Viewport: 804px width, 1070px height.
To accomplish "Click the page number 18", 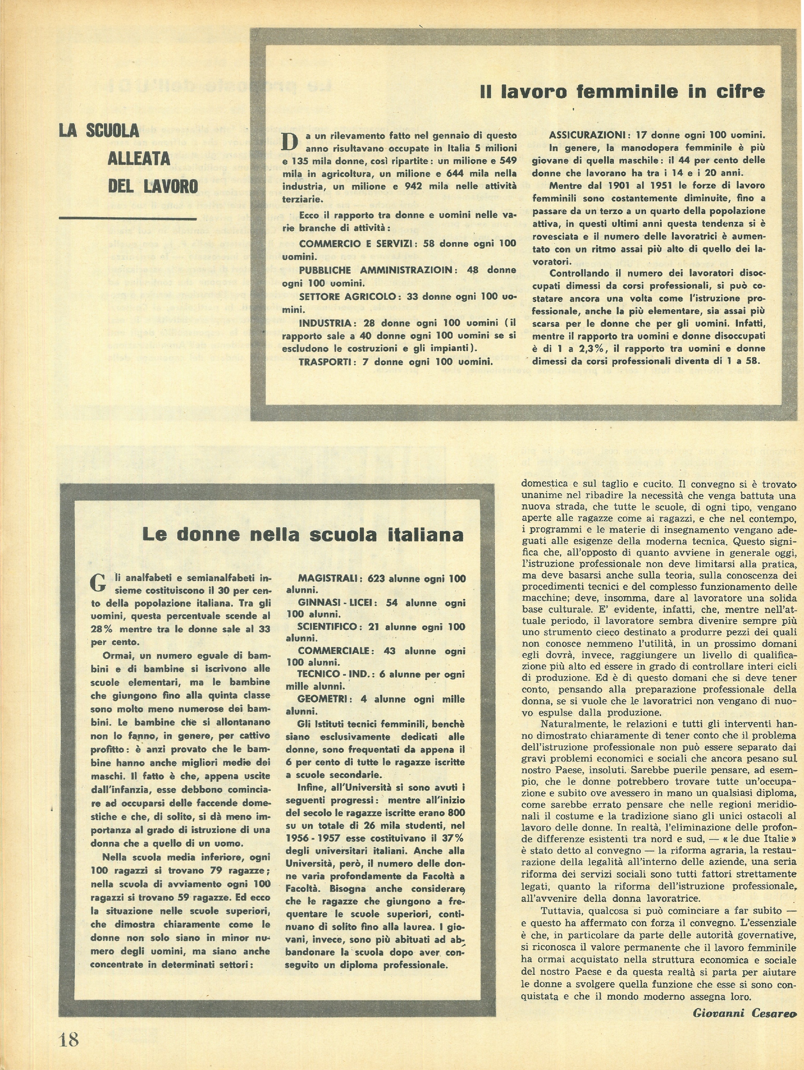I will tap(70, 1036).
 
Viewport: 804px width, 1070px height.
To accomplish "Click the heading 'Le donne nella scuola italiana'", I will tap(303, 535).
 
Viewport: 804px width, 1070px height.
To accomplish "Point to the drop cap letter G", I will tap(98, 583).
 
